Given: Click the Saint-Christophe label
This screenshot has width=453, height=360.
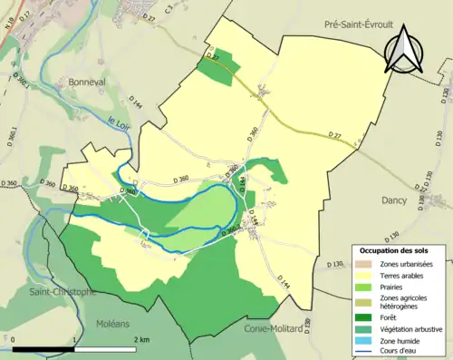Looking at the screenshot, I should [62, 292].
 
